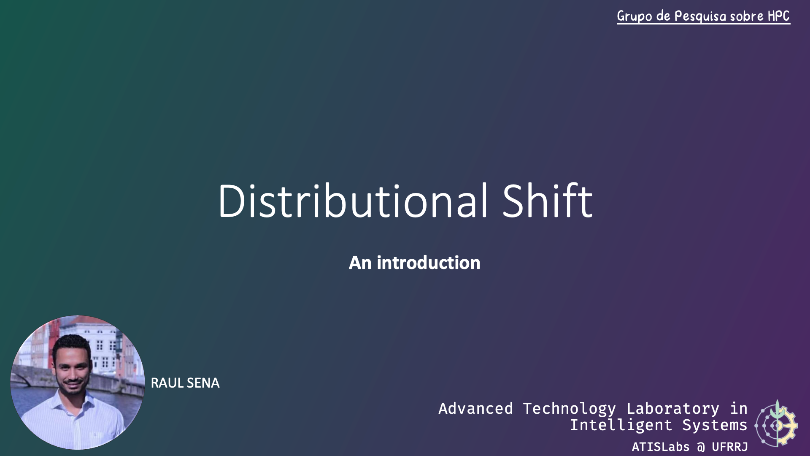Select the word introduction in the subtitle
coord(429,263)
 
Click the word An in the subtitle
coord(360,263)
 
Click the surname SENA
coord(203,383)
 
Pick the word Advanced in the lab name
coord(475,409)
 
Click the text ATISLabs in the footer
coord(661,447)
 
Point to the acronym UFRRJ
coord(730,447)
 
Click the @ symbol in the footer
coord(701,447)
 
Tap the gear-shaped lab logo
coord(776,423)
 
